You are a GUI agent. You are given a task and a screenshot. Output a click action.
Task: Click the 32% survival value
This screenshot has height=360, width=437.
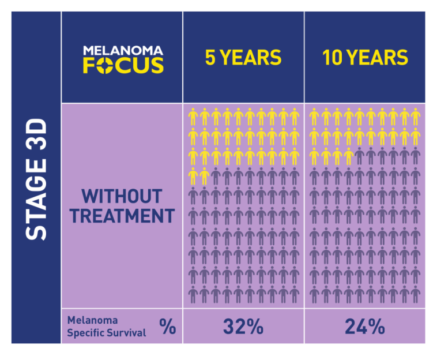click(x=243, y=327)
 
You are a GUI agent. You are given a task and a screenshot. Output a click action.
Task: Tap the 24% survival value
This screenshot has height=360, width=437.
click(x=364, y=327)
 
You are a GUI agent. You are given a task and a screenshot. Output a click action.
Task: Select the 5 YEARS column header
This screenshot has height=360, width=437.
click(x=243, y=58)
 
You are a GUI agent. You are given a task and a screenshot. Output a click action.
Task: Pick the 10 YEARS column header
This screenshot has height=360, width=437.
click(x=365, y=58)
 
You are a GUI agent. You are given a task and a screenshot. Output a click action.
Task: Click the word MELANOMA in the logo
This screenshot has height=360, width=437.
click(x=123, y=51)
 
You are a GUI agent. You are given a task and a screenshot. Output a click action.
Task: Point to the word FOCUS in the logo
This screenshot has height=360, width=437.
click(x=123, y=65)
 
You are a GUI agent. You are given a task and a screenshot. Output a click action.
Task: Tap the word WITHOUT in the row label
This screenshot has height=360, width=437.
click(x=121, y=196)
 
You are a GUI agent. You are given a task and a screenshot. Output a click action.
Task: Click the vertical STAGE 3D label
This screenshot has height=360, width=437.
click(x=36, y=179)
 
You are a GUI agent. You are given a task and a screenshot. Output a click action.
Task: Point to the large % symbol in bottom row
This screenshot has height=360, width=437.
click(x=168, y=327)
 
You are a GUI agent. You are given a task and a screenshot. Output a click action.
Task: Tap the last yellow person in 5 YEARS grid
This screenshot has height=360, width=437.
click(x=204, y=176)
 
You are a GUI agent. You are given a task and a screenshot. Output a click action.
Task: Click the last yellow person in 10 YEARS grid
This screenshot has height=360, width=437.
click(x=348, y=156)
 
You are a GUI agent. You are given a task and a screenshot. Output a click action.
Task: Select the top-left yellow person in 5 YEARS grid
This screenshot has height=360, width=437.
click(x=193, y=117)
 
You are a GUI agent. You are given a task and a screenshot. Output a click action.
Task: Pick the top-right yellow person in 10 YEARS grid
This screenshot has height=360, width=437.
click(x=416, y=117)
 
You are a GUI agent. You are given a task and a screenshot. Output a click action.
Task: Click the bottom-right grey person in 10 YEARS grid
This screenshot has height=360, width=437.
click(x=416, y=295)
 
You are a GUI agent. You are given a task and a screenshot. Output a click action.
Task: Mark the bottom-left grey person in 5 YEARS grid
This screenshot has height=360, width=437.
click(x=193, y=295)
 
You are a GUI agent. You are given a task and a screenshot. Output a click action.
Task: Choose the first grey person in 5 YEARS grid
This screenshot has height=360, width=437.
click(x=216, y=176)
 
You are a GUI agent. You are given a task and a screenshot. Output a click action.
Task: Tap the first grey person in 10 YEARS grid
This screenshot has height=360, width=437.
click(x=359, y=156)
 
